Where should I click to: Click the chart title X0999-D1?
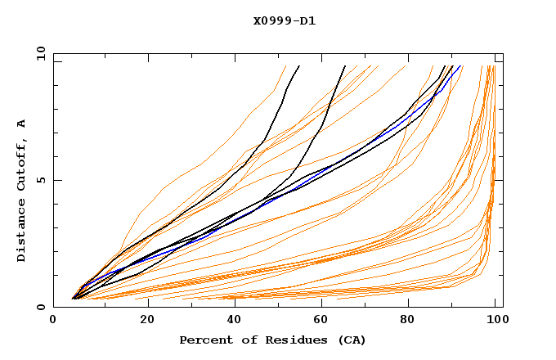(284, 20)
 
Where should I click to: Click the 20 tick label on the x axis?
(142, 320)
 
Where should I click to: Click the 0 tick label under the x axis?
(53, 320)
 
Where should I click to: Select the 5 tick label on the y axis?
(41, 180)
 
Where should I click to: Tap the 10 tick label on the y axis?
(38, 53)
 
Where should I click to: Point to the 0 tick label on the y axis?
(41, 307)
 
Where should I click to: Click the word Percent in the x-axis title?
(202, 340)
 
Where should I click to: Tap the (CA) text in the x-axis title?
(351, 340)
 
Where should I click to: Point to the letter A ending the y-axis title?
(21, 123)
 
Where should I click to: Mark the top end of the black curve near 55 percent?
(298, 66)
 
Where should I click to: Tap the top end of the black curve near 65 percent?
(345, 66)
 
